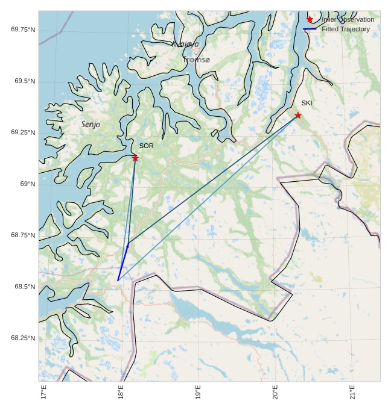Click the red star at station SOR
click(135, 158)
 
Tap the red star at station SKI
click(298, 115)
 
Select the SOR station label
click(146, 146)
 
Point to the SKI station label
click(307, 103)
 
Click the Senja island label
click(91, 124)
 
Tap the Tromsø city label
click(197, 60)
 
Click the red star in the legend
click(310, 19)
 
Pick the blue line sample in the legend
click(310, 29)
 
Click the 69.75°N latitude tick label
click(23, 30)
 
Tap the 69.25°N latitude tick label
click(23, 132)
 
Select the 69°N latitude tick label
click(28, 184)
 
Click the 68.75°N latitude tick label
click(23, 235)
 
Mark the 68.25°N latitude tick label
click(23, 338)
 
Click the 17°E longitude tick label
click(43, 393)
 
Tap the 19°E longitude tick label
click(199, 393)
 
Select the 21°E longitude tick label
click(353, 393)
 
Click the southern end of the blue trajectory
click(118, 281)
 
